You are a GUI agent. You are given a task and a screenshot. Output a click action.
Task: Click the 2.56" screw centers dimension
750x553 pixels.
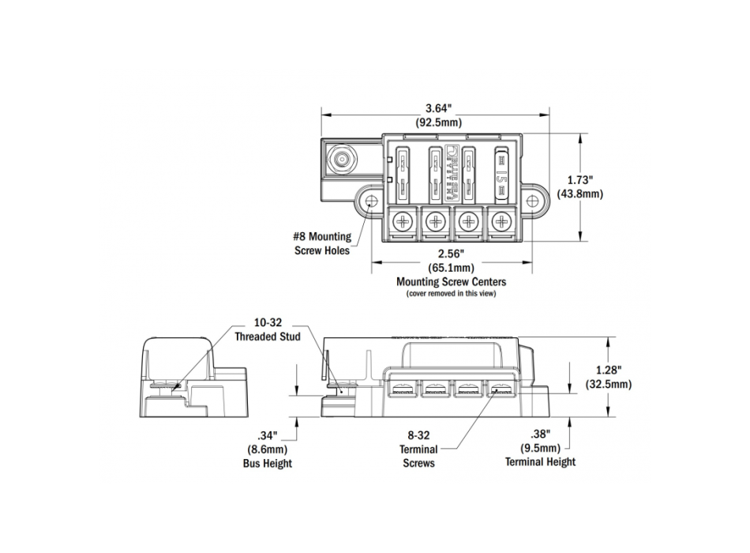[x=450, y=254]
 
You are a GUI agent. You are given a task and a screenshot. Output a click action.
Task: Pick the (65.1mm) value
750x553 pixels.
[x=450, y=268]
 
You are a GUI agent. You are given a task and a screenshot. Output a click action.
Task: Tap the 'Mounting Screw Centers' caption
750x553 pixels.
[x=451, y=281]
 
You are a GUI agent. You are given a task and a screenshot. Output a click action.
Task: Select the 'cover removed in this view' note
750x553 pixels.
[x=451, y=294]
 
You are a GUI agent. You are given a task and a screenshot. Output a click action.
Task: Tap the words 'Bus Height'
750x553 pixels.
[x=268, y=463]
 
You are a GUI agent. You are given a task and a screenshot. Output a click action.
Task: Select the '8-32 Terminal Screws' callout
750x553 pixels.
[x=418, y=449]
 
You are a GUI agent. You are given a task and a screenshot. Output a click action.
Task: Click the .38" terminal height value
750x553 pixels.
[x=541, y=434]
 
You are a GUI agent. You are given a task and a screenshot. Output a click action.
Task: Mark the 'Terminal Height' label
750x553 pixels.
[x=541, y=462]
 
